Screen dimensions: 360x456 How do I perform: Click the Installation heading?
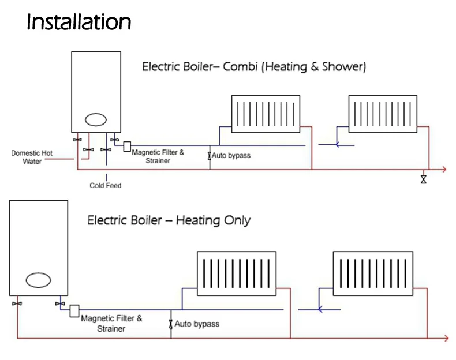tap(79, 22)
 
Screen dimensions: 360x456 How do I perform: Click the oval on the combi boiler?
tap(96, 119)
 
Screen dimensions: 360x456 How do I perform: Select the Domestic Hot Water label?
tap(32, 157)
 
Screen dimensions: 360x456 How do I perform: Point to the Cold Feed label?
tap(106, 186)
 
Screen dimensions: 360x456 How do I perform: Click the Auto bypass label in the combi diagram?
tap(231, 156)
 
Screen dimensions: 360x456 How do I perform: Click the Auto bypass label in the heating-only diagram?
tap(197, 324)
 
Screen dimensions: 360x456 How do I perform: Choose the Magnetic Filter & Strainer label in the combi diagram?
tap(158, 156)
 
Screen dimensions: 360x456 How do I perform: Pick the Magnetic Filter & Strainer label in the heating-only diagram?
tap(111, 323)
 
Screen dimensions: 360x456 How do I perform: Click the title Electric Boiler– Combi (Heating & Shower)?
tap(254, 67)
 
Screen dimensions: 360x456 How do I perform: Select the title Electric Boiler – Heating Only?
tap(169, 220)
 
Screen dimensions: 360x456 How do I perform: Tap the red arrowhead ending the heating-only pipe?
tap(445, 337)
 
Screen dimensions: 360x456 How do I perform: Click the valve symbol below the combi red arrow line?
tap(424, 179)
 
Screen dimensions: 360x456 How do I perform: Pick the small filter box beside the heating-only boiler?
tap(74, 311)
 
